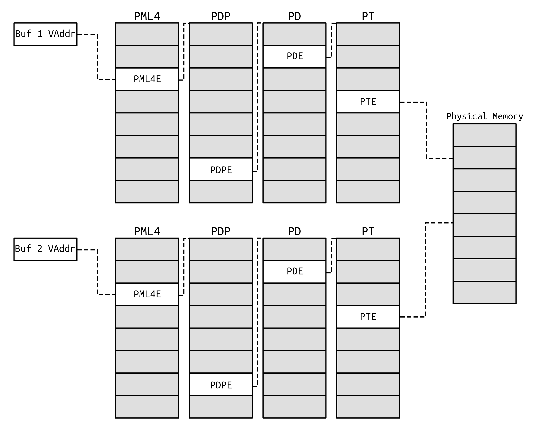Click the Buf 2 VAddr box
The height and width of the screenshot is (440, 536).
[x=45, y=249]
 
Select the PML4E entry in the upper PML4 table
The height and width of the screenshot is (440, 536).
[x=147, y=79]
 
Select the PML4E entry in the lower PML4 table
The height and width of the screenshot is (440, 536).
[x=147, y=294]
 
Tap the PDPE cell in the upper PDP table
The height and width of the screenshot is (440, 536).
[x=221, y=169]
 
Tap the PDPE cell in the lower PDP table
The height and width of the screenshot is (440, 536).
[x=221, y=385]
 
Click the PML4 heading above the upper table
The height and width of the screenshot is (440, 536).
[x=147, y=17]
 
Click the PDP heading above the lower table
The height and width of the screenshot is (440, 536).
[x=221, y=231]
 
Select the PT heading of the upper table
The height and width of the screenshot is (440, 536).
[x=368, y=17]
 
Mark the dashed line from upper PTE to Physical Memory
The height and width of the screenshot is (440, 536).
[x=427, y=131]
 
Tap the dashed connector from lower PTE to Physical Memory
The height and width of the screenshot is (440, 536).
[x=425, y=270]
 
